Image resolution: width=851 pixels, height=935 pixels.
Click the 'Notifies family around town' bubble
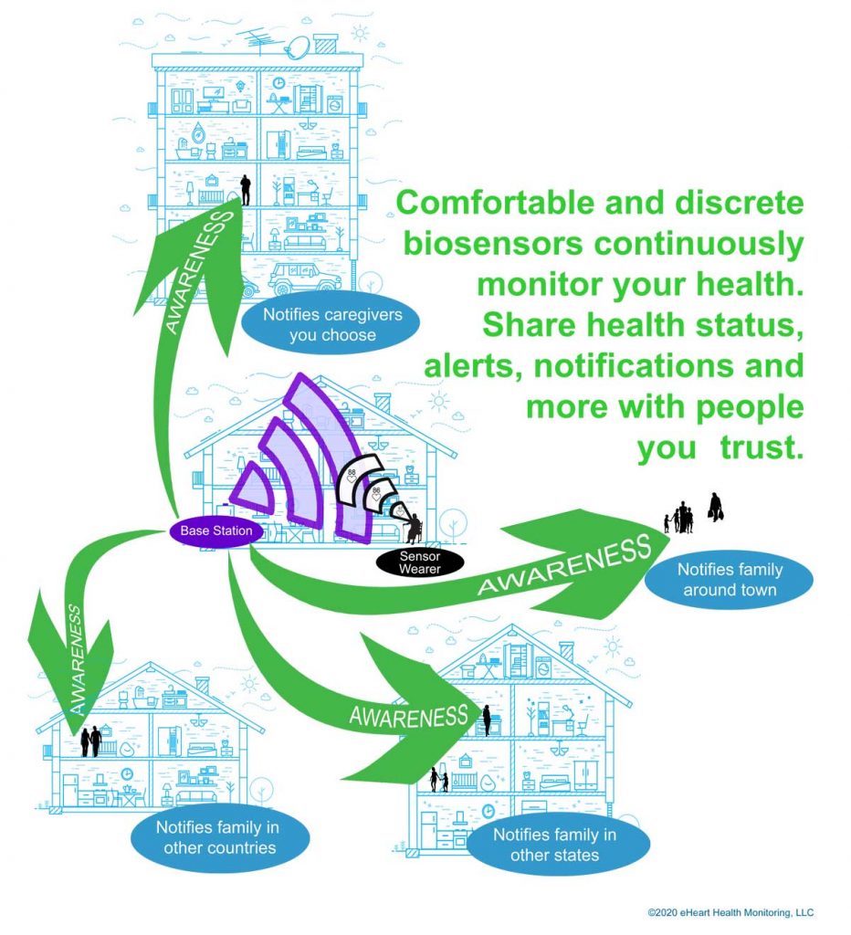point(729,580)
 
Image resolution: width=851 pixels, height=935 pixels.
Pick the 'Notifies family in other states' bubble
point(554,845)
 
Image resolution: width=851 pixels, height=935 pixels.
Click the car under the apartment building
point(304,277)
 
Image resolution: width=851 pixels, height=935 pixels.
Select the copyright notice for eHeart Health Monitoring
point(730,912)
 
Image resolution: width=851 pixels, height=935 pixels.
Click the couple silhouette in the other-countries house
point(90,741)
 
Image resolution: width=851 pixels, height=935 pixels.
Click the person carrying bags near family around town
point(716,508)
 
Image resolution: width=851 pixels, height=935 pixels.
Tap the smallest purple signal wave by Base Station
point(247,489)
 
